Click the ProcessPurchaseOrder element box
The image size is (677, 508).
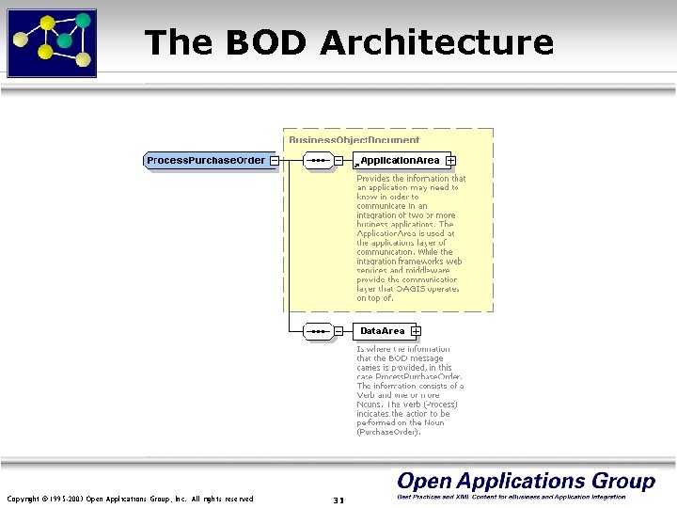(x=206, y=160)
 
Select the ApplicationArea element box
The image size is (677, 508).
(x=399, y=161)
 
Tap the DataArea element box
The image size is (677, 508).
(x=382, y=331)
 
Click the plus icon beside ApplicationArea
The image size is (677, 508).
(x=451, y=161)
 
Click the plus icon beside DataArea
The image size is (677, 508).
(x=416, y=331)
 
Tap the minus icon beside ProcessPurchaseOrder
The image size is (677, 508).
(x=274, y=160)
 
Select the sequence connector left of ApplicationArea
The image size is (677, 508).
(x=318, y=161)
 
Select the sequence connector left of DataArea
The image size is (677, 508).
(x=318, y=331)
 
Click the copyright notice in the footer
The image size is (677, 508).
(x=130, y=499)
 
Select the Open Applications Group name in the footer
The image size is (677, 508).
(x=526, y=481)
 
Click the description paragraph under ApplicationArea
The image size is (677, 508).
(x=411, y=238)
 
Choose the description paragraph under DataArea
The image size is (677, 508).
(x=410, y=390)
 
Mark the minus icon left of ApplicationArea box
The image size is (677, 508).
(x=338, y=161)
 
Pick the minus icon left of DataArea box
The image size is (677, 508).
(x=338, y=331)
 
